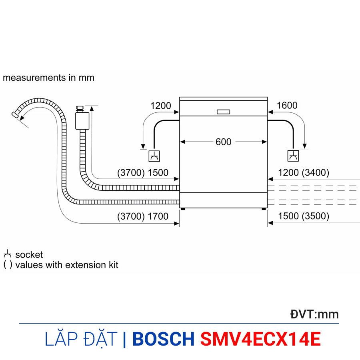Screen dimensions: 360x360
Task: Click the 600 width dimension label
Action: point(223,142)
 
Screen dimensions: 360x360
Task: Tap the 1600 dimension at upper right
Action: point(287,106)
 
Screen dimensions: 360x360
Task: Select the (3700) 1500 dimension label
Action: point(143,173)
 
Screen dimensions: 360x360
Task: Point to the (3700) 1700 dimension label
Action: point(143,216)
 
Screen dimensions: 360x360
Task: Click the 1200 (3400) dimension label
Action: point(304,173)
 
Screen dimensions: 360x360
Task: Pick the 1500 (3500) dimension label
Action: point(304,216)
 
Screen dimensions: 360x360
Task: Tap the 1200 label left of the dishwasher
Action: point(161,106)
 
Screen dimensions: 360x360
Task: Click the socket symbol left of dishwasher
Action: point(154,156)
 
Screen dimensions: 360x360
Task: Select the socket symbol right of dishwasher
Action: point(293,156)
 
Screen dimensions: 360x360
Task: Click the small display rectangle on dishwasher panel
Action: point(223,112)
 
